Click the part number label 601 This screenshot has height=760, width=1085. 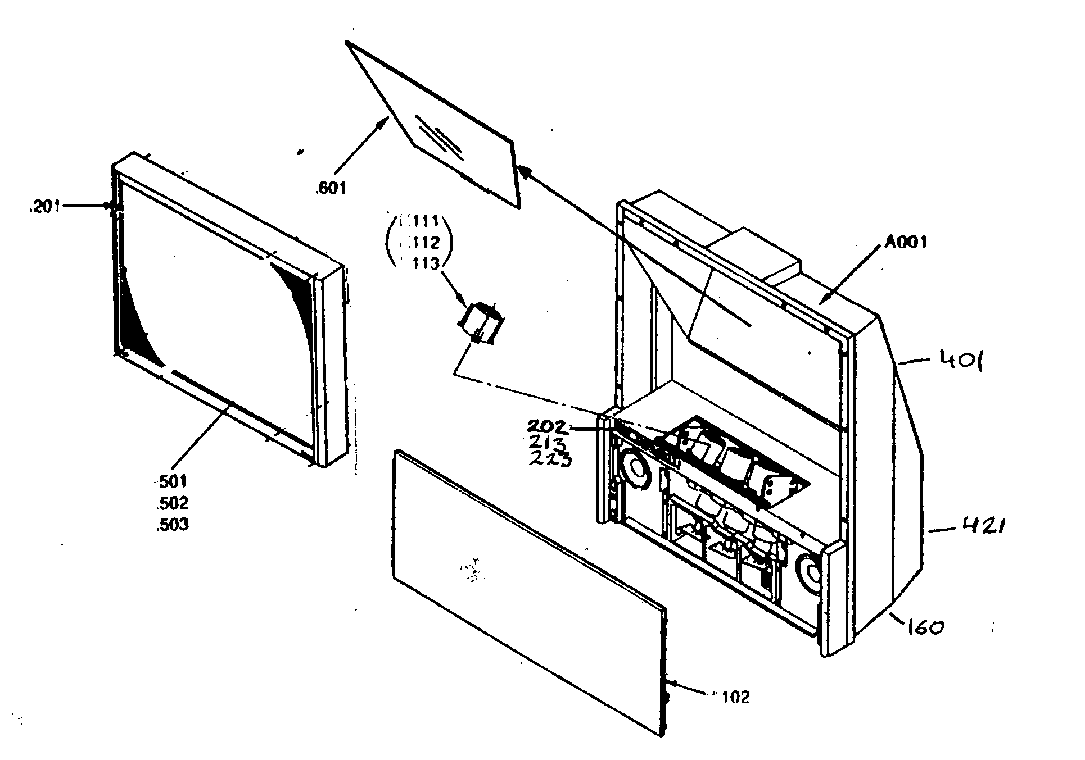point(332,187)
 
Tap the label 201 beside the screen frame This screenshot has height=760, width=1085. point(44,208)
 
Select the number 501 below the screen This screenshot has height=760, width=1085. point(173,481)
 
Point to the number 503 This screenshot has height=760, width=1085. point(173,525)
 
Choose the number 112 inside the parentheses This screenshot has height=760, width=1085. point(422,243)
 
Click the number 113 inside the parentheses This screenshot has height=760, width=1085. point(422,263)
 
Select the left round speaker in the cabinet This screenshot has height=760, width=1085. point(636,467)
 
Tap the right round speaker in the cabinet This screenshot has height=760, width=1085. point(812,574)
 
